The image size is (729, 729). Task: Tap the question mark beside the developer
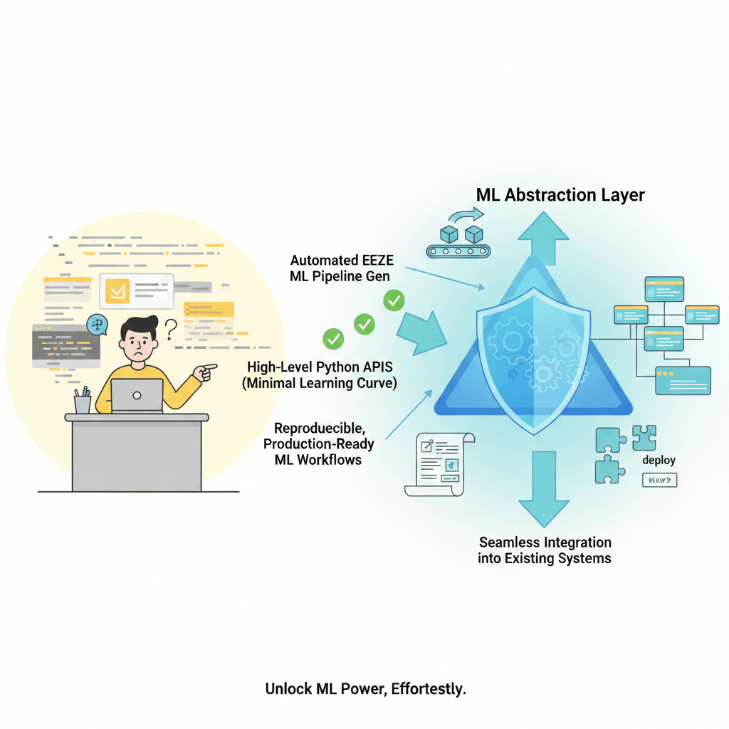coord(170,329)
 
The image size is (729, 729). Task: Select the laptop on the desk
coord(137,396)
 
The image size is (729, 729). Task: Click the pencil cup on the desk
coord(83,402)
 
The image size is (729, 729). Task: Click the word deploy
coord(659,460)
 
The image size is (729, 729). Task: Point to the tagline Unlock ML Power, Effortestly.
coord(365,689)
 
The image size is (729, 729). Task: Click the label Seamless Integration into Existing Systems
coord(545,550)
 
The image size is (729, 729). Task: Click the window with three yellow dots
coord(683,380)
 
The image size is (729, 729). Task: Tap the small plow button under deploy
coord(659,481)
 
